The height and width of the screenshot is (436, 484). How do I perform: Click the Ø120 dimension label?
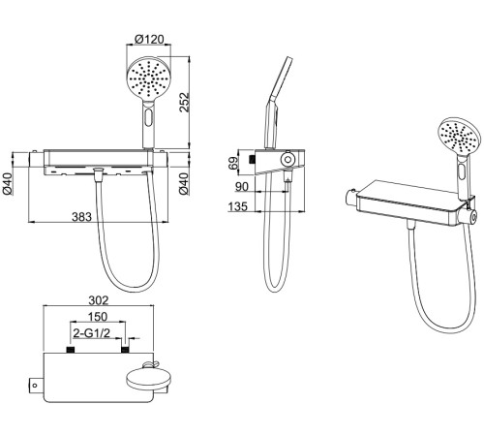coord(149,39)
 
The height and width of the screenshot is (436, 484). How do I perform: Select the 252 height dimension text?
coord(184,103)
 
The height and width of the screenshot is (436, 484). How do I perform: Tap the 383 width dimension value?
coord(81,217)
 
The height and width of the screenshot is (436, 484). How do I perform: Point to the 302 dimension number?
coord(99,300)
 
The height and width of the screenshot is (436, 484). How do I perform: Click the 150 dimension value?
coord(98,317)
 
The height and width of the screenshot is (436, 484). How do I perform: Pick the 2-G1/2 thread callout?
coord(92,333)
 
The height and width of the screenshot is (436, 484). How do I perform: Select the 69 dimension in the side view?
coord(233,163)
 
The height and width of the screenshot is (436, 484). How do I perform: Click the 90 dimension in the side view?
coord(242,187)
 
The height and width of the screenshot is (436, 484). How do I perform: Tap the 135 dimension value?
coord(238,206)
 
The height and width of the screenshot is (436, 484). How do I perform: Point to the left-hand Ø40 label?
coord(7,184)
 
